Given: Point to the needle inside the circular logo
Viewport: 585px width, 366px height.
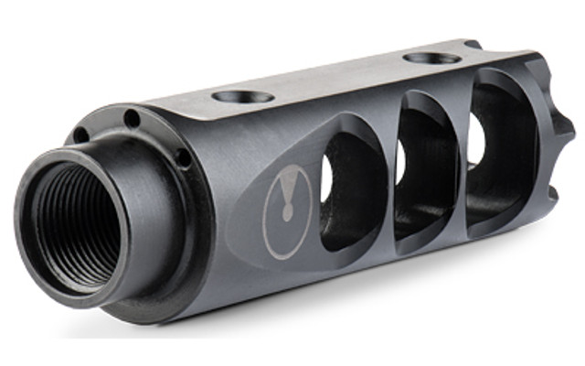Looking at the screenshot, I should pyautogui.click(x=288, y=203).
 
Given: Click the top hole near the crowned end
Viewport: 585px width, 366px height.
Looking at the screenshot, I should pyautogui.click(x=431, y=58).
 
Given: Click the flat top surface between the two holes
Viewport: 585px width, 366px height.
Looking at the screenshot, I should pyautogui.click(x=338, y=78).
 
